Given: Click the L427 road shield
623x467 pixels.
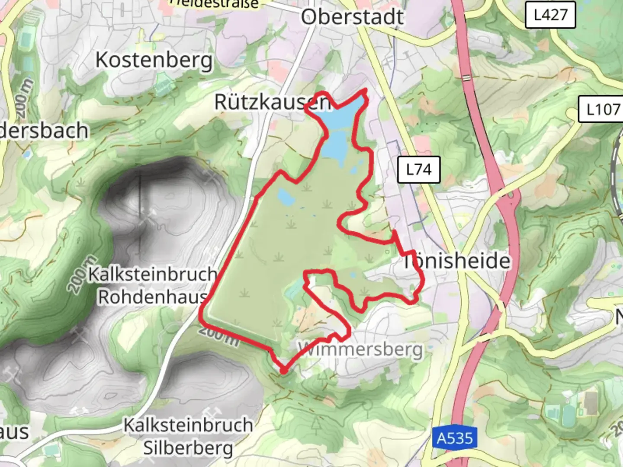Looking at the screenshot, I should pos(550,15).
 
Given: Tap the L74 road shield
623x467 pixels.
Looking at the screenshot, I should pos(418,169).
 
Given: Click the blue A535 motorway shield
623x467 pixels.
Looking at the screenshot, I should pos(455,438).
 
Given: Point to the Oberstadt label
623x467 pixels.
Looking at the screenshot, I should pos(353,17).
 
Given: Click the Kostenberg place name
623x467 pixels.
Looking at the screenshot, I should pos(154,60).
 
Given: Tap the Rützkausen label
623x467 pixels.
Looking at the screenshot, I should pos(273,102).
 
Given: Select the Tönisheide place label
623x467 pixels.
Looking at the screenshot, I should pos(456,261).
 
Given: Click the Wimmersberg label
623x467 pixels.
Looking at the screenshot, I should pos(360,349).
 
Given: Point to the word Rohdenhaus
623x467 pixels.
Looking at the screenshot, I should pos(152,297).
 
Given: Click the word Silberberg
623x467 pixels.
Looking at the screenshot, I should pos(188,448).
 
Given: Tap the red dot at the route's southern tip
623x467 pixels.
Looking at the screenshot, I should pos(283,371).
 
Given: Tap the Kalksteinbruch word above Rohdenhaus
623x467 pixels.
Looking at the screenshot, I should pos(152,274).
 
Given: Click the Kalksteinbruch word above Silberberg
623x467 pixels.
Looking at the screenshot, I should pos(188,425).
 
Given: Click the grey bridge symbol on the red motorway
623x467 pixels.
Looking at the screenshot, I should pos(466,77).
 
